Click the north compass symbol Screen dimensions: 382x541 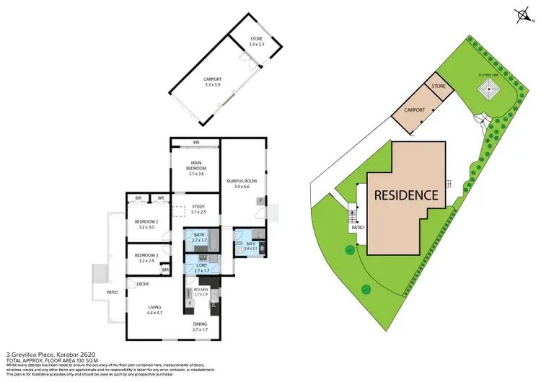coord(522,14)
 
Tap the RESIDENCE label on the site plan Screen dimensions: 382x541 coord(405,195)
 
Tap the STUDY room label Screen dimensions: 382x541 coord(198,210)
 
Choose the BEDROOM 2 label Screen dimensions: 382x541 coord(146,223)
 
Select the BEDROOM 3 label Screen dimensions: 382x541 coord(146,257)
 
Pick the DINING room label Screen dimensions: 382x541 coord(200,327)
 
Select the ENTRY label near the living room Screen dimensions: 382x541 coord(143,284)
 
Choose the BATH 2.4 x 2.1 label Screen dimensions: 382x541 coord(250,246)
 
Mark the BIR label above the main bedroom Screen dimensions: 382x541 coord(195,142)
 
